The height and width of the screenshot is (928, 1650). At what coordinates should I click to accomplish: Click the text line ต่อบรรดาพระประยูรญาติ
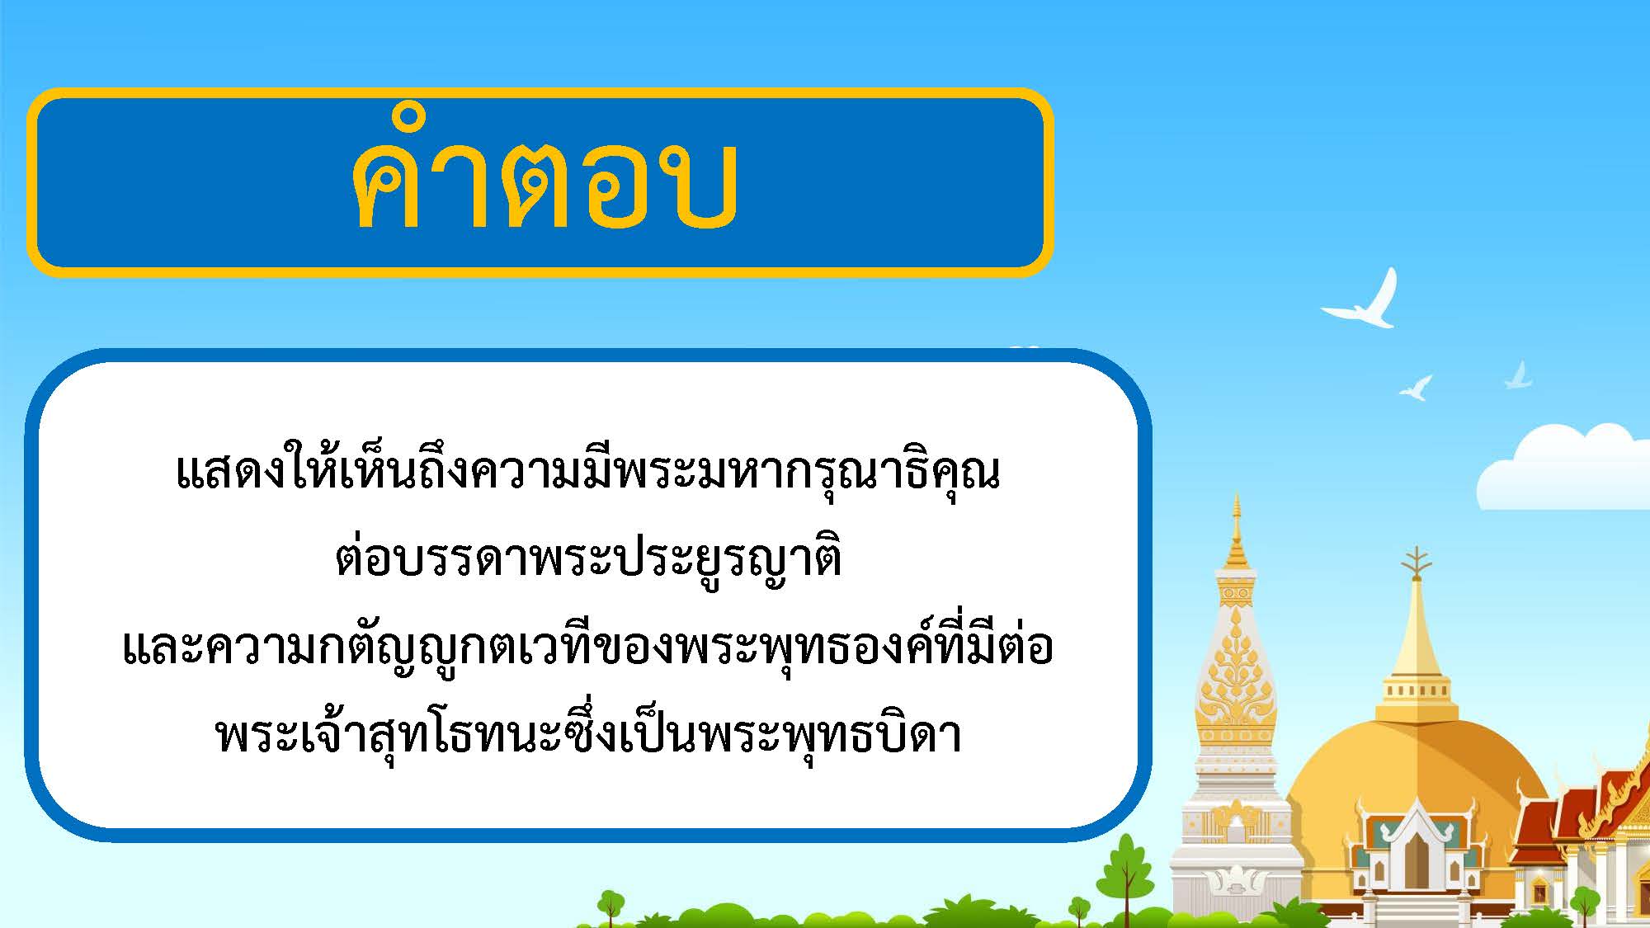tap(588, 559)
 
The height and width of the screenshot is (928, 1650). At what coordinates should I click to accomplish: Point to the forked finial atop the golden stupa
tap(1417, 561)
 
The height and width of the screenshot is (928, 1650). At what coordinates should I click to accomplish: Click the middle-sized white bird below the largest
tap(1416, 388)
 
